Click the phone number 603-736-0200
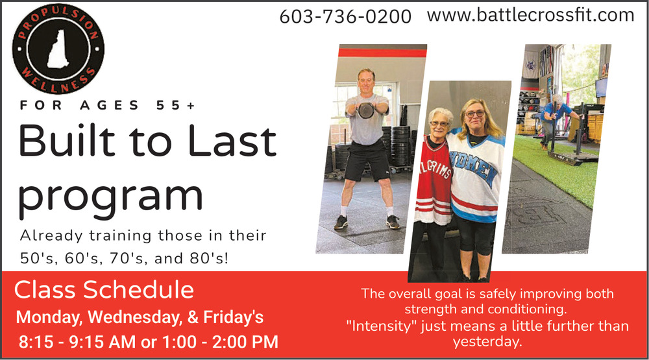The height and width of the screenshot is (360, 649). tap(345, 17)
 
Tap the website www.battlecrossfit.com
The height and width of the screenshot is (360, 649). tap(530, 16)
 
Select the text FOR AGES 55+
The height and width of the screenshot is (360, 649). tap(107, 106)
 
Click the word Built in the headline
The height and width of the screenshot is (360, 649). tap(67, 141)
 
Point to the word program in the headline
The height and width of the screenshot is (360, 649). tap(111, 197)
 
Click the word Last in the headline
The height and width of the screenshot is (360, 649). tap(232, 141)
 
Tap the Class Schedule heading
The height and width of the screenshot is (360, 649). tap(104, 289)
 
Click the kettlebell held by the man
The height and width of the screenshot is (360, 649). tap(366, 110)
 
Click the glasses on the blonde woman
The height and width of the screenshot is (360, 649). tap(474, 114)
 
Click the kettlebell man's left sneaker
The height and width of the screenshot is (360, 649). tap(393, 222)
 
